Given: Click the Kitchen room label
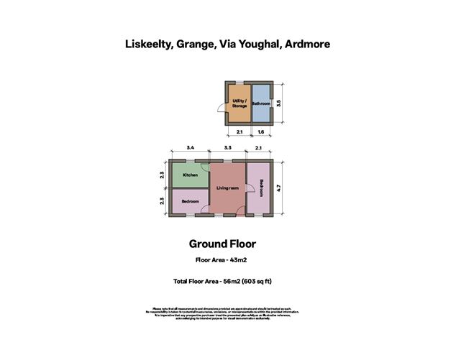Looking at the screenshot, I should coord(190,175).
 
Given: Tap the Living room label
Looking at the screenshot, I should coord(227,188).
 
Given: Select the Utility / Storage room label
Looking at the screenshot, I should coord(240,103).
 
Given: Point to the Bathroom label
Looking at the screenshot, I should coord(260,104).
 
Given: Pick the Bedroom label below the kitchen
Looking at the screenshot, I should coord(190,202).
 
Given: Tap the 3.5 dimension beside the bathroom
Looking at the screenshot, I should coord(288,103).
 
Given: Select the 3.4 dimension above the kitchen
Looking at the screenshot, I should coord(190,147).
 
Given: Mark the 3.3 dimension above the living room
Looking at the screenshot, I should coord(227,147).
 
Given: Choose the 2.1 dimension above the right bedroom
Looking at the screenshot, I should coord(260,147).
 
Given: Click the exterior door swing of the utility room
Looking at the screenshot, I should coord(224,109).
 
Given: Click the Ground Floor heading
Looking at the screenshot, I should coord(222,244).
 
